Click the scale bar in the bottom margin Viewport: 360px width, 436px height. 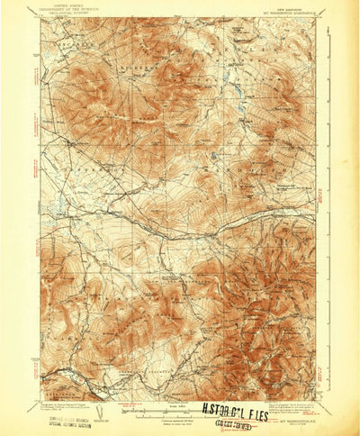coord(171,415)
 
